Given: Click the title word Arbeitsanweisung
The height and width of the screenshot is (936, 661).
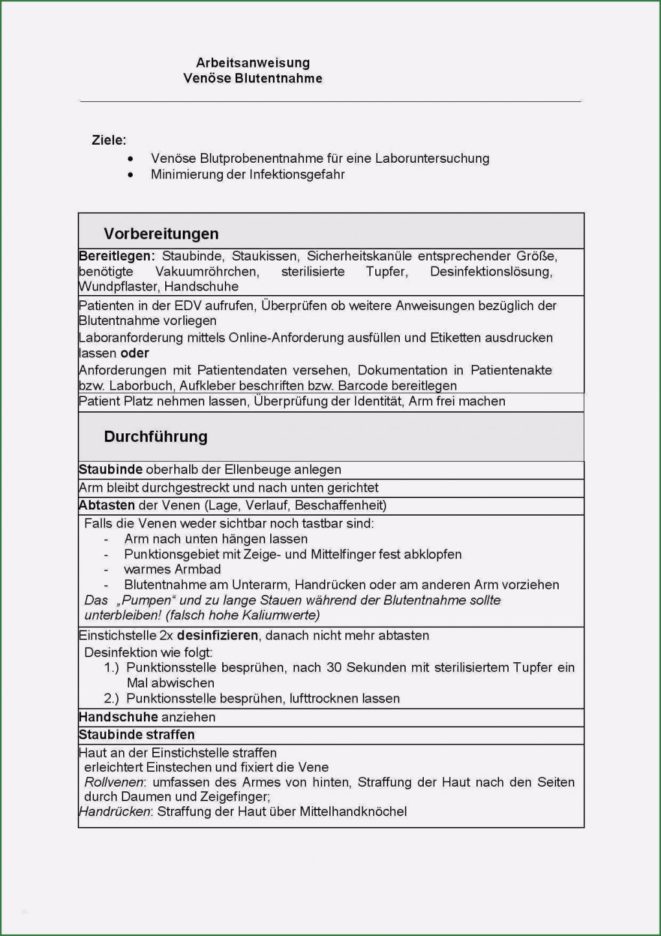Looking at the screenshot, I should click(253, 63).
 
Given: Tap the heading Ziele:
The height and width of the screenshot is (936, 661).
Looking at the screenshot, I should click(109, 140).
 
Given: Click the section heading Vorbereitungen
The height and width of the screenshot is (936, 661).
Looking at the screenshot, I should click(161, 234).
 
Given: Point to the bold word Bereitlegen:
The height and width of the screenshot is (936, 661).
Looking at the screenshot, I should click(117, 256).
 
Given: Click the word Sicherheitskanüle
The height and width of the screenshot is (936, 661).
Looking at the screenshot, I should click(359, 256).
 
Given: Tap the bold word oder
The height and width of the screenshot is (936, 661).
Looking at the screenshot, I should click(135, 354).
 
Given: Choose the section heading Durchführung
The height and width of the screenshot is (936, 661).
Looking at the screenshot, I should click(156, 437).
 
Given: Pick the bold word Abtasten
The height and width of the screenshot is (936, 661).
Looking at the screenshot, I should click(107, 505).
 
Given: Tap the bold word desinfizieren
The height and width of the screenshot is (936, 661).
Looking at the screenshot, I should click(217, 636).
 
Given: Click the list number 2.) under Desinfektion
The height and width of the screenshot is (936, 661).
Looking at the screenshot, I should click(111, 699).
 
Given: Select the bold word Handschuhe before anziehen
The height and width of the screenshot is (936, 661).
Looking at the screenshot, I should click(118, 717).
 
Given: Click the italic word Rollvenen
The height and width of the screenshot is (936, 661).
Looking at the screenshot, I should click(113, 782).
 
